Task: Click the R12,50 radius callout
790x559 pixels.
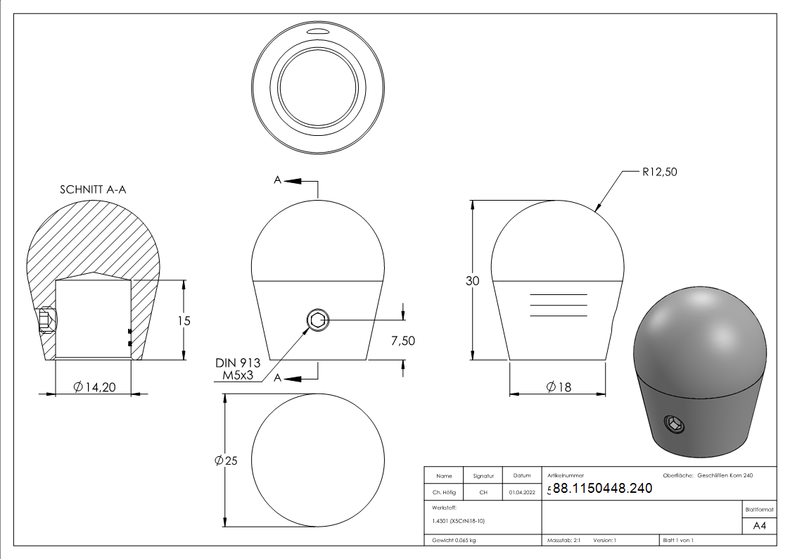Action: [x=660, y=172]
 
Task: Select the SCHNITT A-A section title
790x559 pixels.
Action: [x=93, y=189]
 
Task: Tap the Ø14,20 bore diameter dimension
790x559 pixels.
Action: [x=94, y=387]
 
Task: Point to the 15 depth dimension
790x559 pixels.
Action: [x=184, y=320]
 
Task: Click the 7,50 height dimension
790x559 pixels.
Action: [x=403, y=341]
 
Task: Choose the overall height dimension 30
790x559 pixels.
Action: [x=472, y=281]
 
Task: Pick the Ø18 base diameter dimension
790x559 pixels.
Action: [x=559, y=387]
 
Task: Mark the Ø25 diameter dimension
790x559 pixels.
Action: [x=226, y=460]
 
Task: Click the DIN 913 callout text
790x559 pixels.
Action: [x=238, y=363]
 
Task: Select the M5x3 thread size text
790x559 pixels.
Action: [x=238, y=375]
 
